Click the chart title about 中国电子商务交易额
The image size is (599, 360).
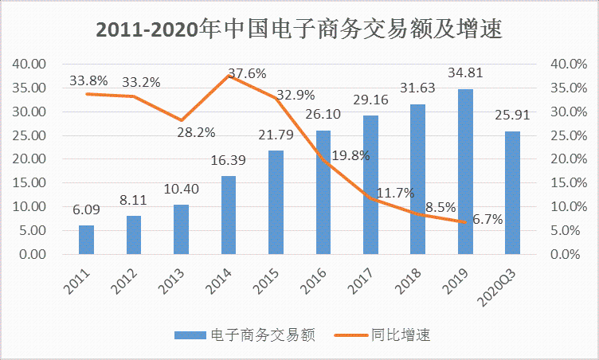coord(299,28)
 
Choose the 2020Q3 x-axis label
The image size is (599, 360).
coord(502,285)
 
